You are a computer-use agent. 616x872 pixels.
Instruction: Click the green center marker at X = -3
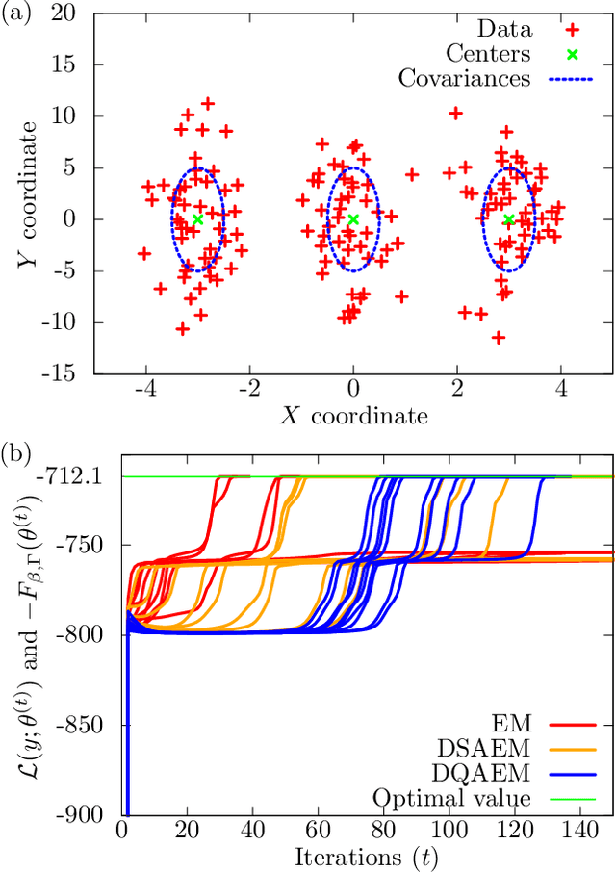click(197, 219)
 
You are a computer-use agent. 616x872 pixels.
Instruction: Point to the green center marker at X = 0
click(353, 219)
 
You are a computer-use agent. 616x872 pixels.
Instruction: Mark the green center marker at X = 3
click(509, 219)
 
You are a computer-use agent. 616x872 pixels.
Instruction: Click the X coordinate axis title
click(352, 416)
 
